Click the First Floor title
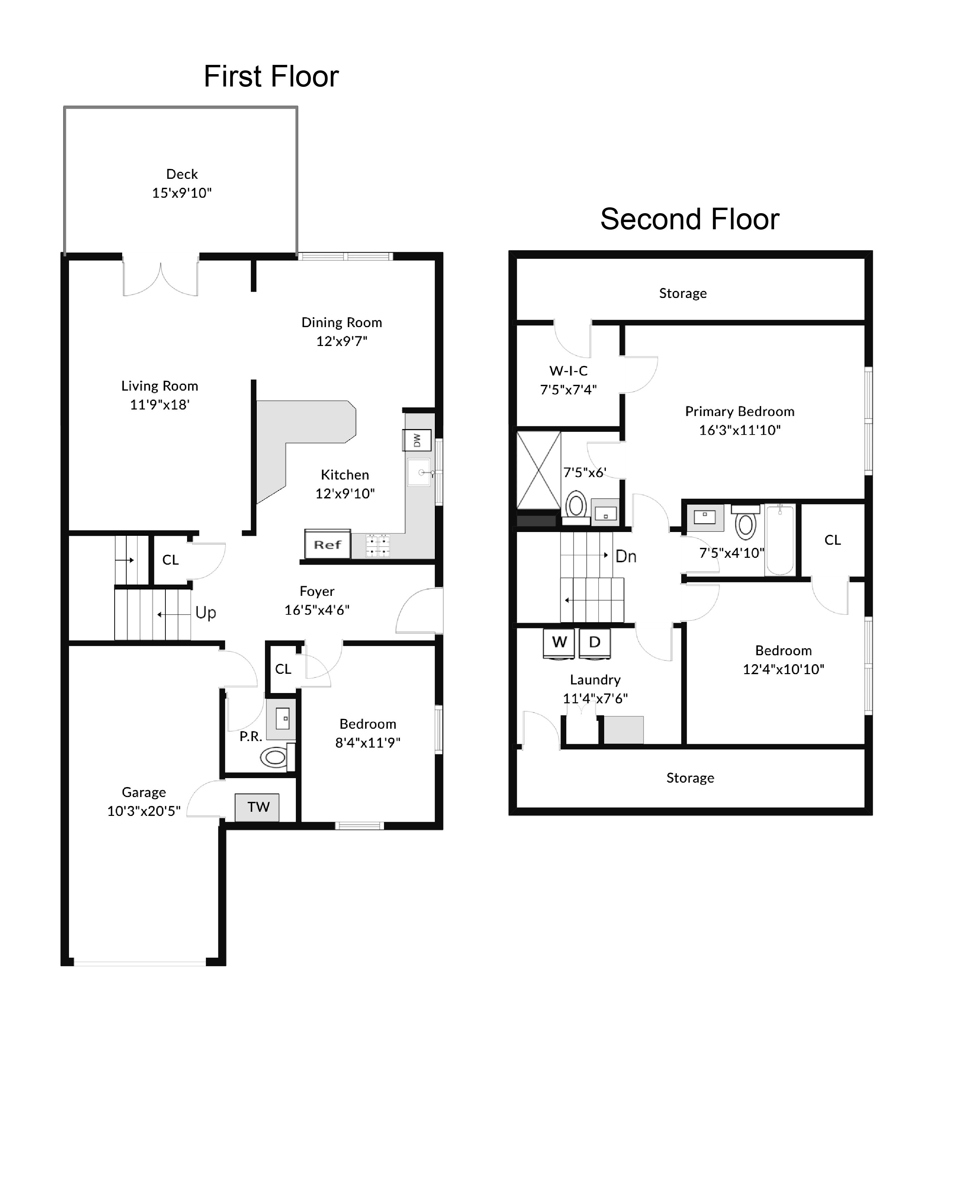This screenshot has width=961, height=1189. click(x=271, y=77)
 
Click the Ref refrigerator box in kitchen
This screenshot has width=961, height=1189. click(x=327, y=545)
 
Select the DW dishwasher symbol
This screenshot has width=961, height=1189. click(x=417, y=440)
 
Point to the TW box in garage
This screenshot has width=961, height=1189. click(x=257, y=807)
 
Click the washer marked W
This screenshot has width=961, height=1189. click(x=559, y=642)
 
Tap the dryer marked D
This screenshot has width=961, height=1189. click(x=594, y=642)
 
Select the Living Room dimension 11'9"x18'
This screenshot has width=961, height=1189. click(x=160, y=405)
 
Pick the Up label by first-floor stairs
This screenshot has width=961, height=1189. click(x=205, y=613)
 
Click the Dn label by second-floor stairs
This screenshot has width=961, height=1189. click(x=626, y=556)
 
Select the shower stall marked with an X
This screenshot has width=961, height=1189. click(x=538, y=471)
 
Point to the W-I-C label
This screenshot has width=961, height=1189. click(x=568, y=371)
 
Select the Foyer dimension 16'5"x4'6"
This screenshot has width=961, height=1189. click(x=317, y=610)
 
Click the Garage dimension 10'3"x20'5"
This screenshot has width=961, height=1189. click(x=144, y=811)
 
